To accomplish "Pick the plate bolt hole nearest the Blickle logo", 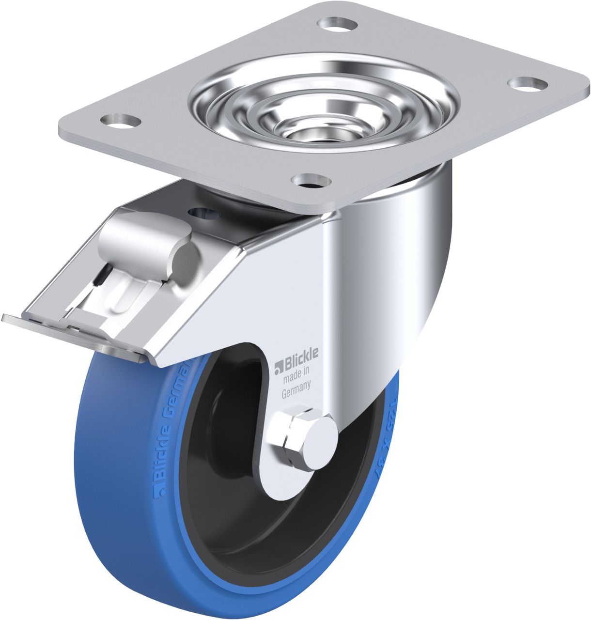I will coord(311,181).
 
